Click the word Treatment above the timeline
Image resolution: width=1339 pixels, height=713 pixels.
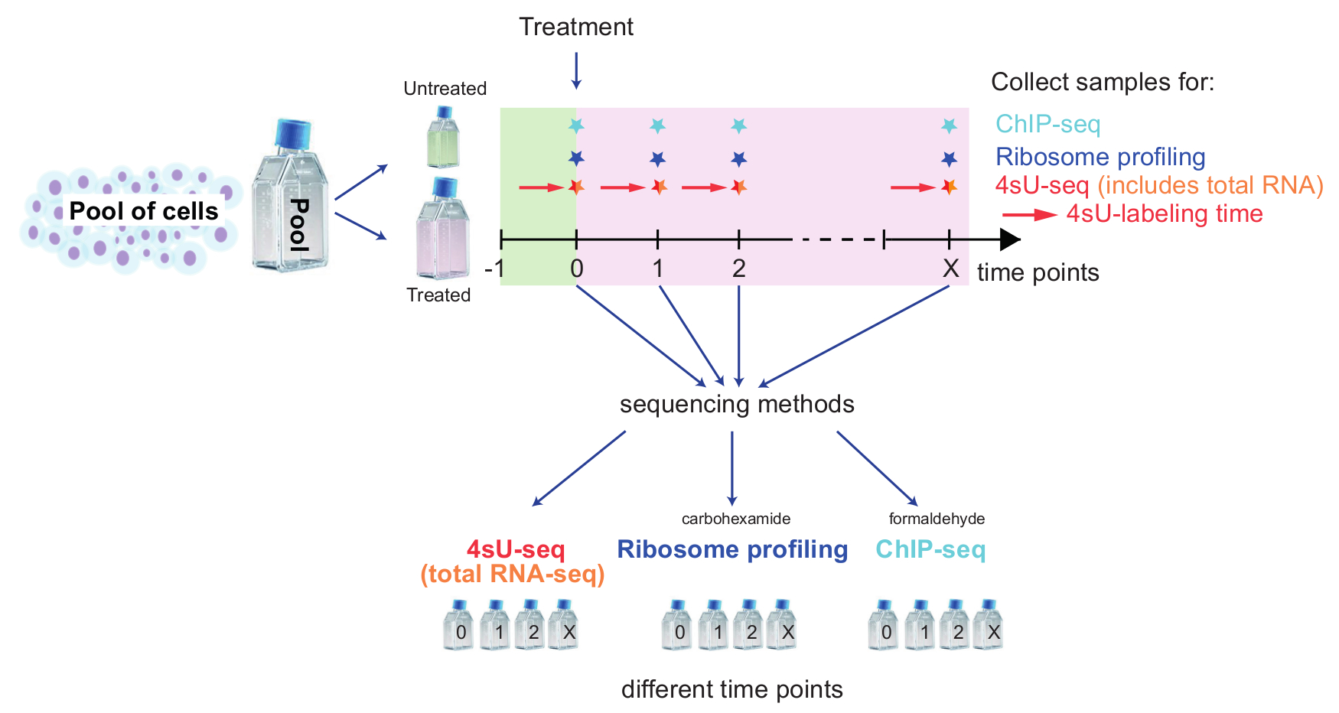(576, 27)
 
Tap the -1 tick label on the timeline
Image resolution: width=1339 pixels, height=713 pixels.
(495, 269)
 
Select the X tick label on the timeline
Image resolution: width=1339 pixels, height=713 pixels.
(950, 269)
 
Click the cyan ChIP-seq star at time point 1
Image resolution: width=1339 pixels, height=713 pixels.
(657, 125)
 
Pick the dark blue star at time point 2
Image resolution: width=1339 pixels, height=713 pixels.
(738, 159)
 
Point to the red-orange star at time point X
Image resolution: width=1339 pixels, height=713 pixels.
(950, 187)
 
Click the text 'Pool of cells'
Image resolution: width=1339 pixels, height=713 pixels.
(144, 211)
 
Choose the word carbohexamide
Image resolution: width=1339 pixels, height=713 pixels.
(735, 519)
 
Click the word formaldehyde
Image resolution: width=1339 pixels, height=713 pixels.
(937, 519)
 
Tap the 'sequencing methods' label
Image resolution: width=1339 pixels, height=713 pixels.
(737, 404)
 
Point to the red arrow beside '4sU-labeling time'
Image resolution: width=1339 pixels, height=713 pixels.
(1030, 215)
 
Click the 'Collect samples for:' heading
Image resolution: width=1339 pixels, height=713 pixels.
(1103, 82)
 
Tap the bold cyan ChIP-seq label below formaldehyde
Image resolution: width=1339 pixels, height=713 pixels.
(930, 549)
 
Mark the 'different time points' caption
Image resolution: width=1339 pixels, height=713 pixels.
(731, 689)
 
